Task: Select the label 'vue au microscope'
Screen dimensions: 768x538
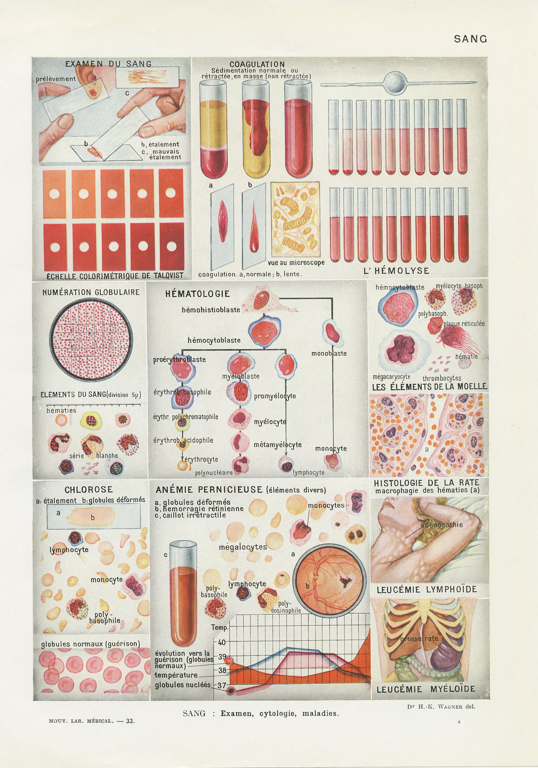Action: (x=296, y=263)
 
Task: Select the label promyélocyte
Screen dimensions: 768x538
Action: (x=275, y=396)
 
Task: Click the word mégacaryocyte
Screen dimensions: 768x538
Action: (x=391, y=377)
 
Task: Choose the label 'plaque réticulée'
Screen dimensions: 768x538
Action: (x=464, y=324)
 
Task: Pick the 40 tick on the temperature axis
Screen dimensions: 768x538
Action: (x=222, y=642)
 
